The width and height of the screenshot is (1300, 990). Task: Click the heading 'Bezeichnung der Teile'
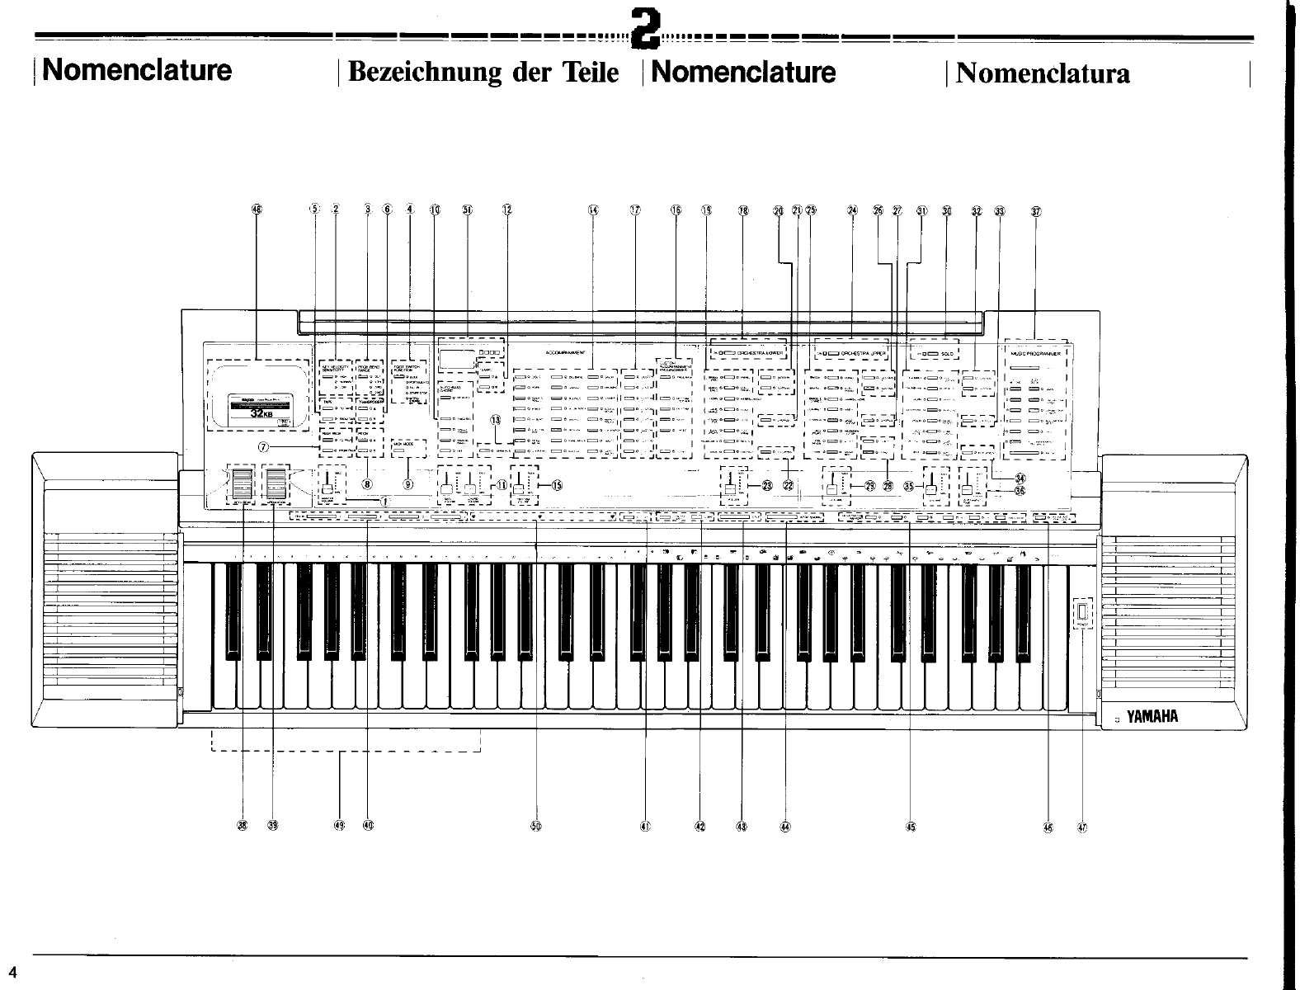coord(483,73)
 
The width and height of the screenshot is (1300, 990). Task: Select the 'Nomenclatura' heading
coord(1043,73)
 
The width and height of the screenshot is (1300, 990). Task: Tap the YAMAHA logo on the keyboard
coord(1152,716)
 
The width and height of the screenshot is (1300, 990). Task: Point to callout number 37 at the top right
coord(1036,210)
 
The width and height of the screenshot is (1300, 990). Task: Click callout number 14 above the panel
coord(593,210)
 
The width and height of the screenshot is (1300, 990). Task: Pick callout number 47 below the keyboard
coord(1082,827)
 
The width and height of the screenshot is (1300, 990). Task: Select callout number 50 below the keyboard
coord(536,826)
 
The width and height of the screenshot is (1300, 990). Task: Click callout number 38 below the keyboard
coord(243,826)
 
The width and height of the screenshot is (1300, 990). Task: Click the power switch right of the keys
coord(1081,612)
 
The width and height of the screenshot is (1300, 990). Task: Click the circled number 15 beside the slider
coord(556,485)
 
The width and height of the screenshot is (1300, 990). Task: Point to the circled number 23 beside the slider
coord(767,485)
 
